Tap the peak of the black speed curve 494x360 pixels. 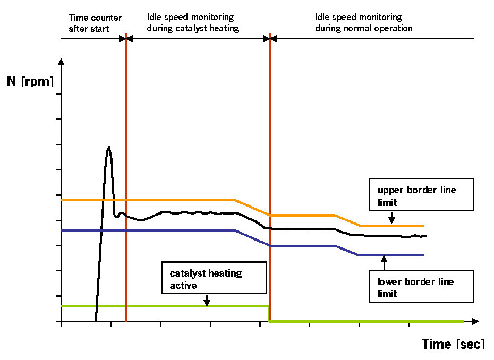pos(109,147)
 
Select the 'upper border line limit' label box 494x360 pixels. pos(422,196)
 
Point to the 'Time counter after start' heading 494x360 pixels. pos(95,23)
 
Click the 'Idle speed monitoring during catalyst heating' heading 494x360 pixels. pos(193,23)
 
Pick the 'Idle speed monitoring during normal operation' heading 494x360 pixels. pos(363,23)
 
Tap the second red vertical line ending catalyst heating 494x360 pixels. pos(270,159)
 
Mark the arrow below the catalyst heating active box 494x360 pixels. pos(207,301)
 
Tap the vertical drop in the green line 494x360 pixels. pos(270,313)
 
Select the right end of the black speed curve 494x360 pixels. pos(426,236)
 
